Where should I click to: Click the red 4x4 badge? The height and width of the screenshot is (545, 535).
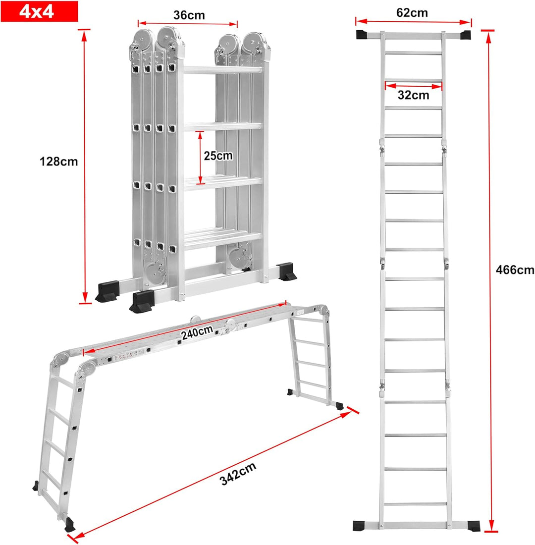[x=40, y=11]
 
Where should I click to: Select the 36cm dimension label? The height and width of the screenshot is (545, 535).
[x=189, y=15]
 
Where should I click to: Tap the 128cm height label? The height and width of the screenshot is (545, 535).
[x=59, y=162]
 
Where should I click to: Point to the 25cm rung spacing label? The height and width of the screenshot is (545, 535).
[x=218, y=155]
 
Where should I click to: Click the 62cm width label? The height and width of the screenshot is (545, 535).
[x=412, y=13]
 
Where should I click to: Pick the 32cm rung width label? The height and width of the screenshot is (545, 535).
[x=414, y=95]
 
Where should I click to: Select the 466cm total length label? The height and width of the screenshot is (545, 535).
[x=515, y=270]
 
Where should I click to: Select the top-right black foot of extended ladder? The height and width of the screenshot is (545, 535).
[x=465, y=35]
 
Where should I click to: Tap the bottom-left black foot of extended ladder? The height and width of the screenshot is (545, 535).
[x=362, y=525]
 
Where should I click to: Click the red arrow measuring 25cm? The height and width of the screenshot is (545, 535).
[x=200, y=157]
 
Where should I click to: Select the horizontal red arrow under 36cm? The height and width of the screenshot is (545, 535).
[x=188, y=23]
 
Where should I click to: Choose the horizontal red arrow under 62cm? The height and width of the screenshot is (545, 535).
[x=414, y=21]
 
